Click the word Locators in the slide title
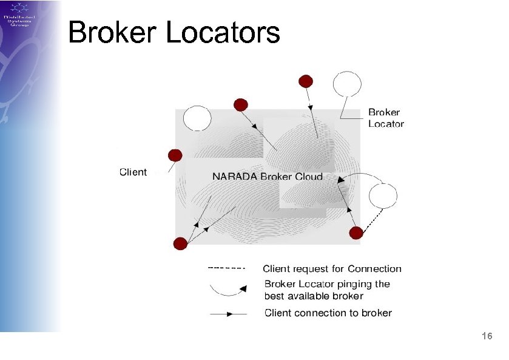click(223, 32)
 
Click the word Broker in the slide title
click(113, 32)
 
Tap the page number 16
click(486, 336)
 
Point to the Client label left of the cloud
click(133, 172)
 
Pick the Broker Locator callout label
click(386, 118)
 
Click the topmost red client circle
click(306, 81)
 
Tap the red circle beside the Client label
click(175, 155)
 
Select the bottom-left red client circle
click(180, 243)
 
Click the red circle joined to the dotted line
click(356, 233)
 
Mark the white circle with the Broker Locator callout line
click(347, 84)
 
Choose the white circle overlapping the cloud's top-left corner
click(197, 118)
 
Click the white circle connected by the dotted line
click(383, 196)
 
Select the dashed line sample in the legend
click(226, 267)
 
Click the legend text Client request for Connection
click(332, 269)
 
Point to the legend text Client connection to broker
click(328, 313)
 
